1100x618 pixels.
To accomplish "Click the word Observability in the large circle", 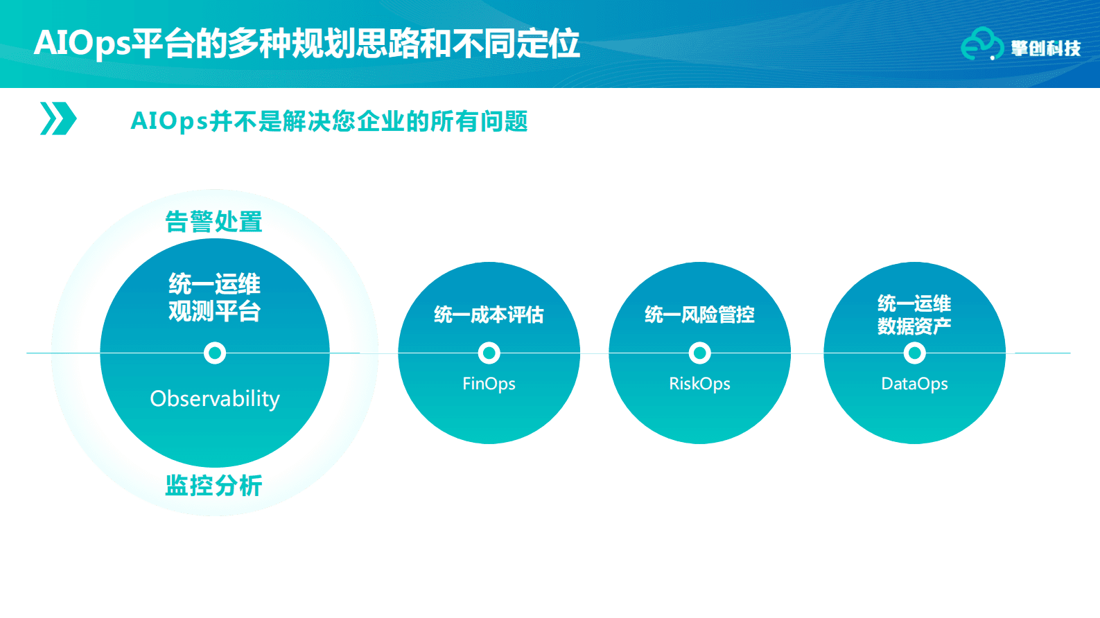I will (215, 399).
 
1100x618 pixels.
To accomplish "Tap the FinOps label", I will (489, 384).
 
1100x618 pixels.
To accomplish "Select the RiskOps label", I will (699, 384).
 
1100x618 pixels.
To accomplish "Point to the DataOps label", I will (914, 384).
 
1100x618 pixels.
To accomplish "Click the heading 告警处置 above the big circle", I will (213, 222).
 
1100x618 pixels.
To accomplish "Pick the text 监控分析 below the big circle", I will (213, 485).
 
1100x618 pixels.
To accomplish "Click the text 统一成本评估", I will (489, 315).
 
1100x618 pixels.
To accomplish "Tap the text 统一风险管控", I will (699, 315).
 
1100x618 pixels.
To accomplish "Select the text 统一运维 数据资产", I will (914, 315).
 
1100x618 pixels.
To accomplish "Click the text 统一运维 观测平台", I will (214, 297).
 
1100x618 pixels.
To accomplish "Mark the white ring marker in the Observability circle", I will (215, 353).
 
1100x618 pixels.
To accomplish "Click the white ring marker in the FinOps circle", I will (489, 353).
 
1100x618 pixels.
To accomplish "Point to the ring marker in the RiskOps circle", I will (699, 353).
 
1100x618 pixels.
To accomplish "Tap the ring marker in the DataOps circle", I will (914, 353).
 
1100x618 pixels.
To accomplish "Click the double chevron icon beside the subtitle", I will (58, 118).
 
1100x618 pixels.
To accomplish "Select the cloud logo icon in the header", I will (981, 44).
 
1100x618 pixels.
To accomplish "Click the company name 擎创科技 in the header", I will (1045, 48).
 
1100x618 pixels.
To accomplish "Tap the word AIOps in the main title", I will (82, 43).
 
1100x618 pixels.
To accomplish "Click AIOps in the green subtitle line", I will (168, 121).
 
